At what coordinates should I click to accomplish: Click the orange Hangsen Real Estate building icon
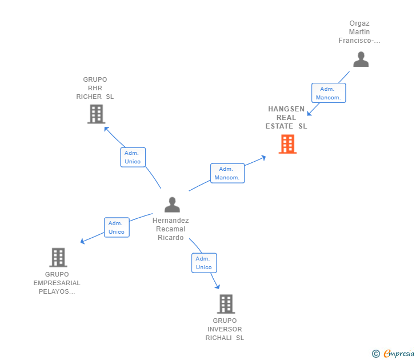pyautogui.click(x=287, y=144)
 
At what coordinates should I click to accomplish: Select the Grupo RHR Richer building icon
pyautogui.click(x=96, y=114)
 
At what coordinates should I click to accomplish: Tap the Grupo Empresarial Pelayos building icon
pyautogui.click(x=58, y=257)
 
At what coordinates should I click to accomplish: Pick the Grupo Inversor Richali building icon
pyautogui.click(x=226, y=304)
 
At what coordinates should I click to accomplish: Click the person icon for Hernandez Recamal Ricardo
pyautogui.click(x=172, y=205)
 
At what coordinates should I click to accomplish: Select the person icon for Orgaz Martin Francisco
pyautogui.click(x=361, y=59)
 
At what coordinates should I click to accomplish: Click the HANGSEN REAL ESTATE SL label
pyautogui.click(x=286, y=118)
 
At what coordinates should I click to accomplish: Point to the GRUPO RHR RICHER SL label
pyautogui.click(x=95, y=88)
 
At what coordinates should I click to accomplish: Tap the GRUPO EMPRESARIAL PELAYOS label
pyautogui.click(x=57, y=283)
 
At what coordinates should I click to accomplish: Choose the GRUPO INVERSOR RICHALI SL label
pyautogui.click(x=225, y=329)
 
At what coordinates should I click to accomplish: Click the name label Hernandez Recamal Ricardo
pyautogui.click(x=171, y=229)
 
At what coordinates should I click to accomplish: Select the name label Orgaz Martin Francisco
pyautogui.click(x=359, y=32)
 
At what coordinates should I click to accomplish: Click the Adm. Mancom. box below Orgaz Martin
pyautogui.click(x=329, y=93)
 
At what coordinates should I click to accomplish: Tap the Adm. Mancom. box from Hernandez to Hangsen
pyautogui.click(x=227, y=173)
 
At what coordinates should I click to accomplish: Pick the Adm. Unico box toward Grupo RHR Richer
pyautogui.click(x=133, y=157)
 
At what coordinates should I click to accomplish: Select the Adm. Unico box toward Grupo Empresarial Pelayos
pyautogui.click(x=117, y=227)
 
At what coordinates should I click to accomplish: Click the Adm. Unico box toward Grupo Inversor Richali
pyautogui.click(x=204, y=263)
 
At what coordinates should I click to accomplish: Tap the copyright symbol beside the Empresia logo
pyautogui.click(x=376, y=354)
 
